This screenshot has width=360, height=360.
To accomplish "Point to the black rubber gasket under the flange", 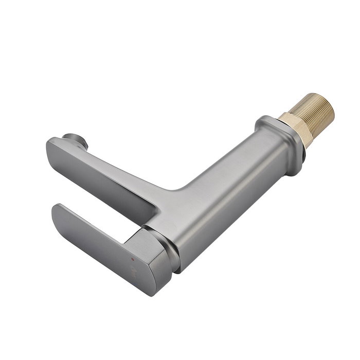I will pos(304,152).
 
